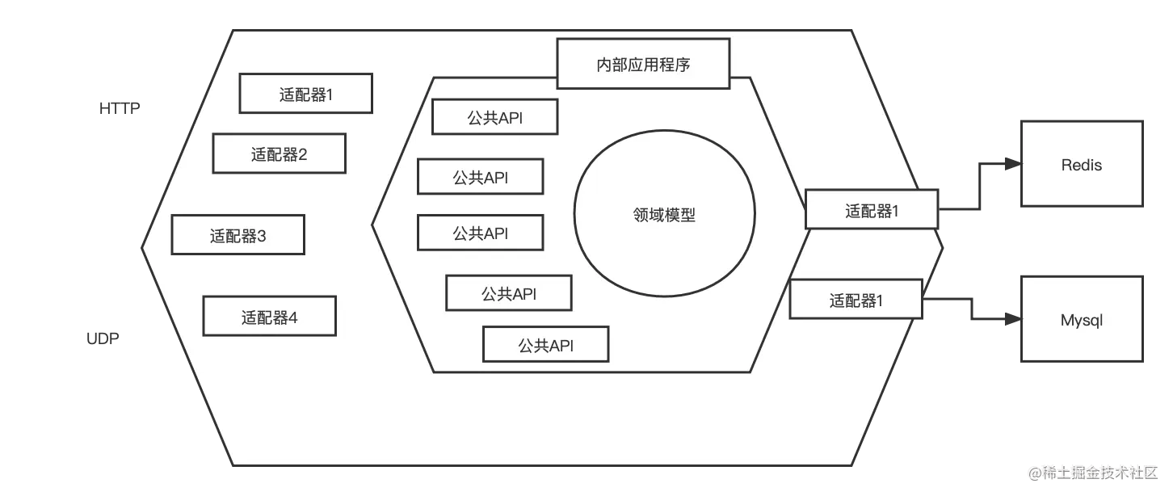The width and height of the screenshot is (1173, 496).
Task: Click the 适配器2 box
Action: [279, 153]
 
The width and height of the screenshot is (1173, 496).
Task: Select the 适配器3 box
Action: [238, 235]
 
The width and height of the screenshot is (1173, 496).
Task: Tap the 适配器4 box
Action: [269, 316]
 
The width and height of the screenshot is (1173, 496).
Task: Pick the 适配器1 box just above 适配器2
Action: [305, 94]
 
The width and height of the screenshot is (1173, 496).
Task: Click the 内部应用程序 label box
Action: [643, 64]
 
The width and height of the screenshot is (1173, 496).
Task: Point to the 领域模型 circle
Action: [664, 214]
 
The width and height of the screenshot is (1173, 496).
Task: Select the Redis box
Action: [1082, 164]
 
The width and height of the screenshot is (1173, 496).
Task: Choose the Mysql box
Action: [1082, 320]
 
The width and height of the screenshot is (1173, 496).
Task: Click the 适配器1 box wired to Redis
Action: [872, 210]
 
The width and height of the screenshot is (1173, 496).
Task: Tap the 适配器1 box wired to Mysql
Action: [856, 300]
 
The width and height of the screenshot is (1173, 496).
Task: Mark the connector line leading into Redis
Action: [977, 186]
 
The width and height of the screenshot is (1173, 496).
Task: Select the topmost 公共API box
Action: [494, 117]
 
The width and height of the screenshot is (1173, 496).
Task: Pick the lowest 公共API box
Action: [545, 345]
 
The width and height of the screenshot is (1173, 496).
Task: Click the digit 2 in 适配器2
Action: [302, 154]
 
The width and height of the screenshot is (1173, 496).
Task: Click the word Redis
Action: [1082, 165]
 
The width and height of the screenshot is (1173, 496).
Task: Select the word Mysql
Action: [1082, 321]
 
